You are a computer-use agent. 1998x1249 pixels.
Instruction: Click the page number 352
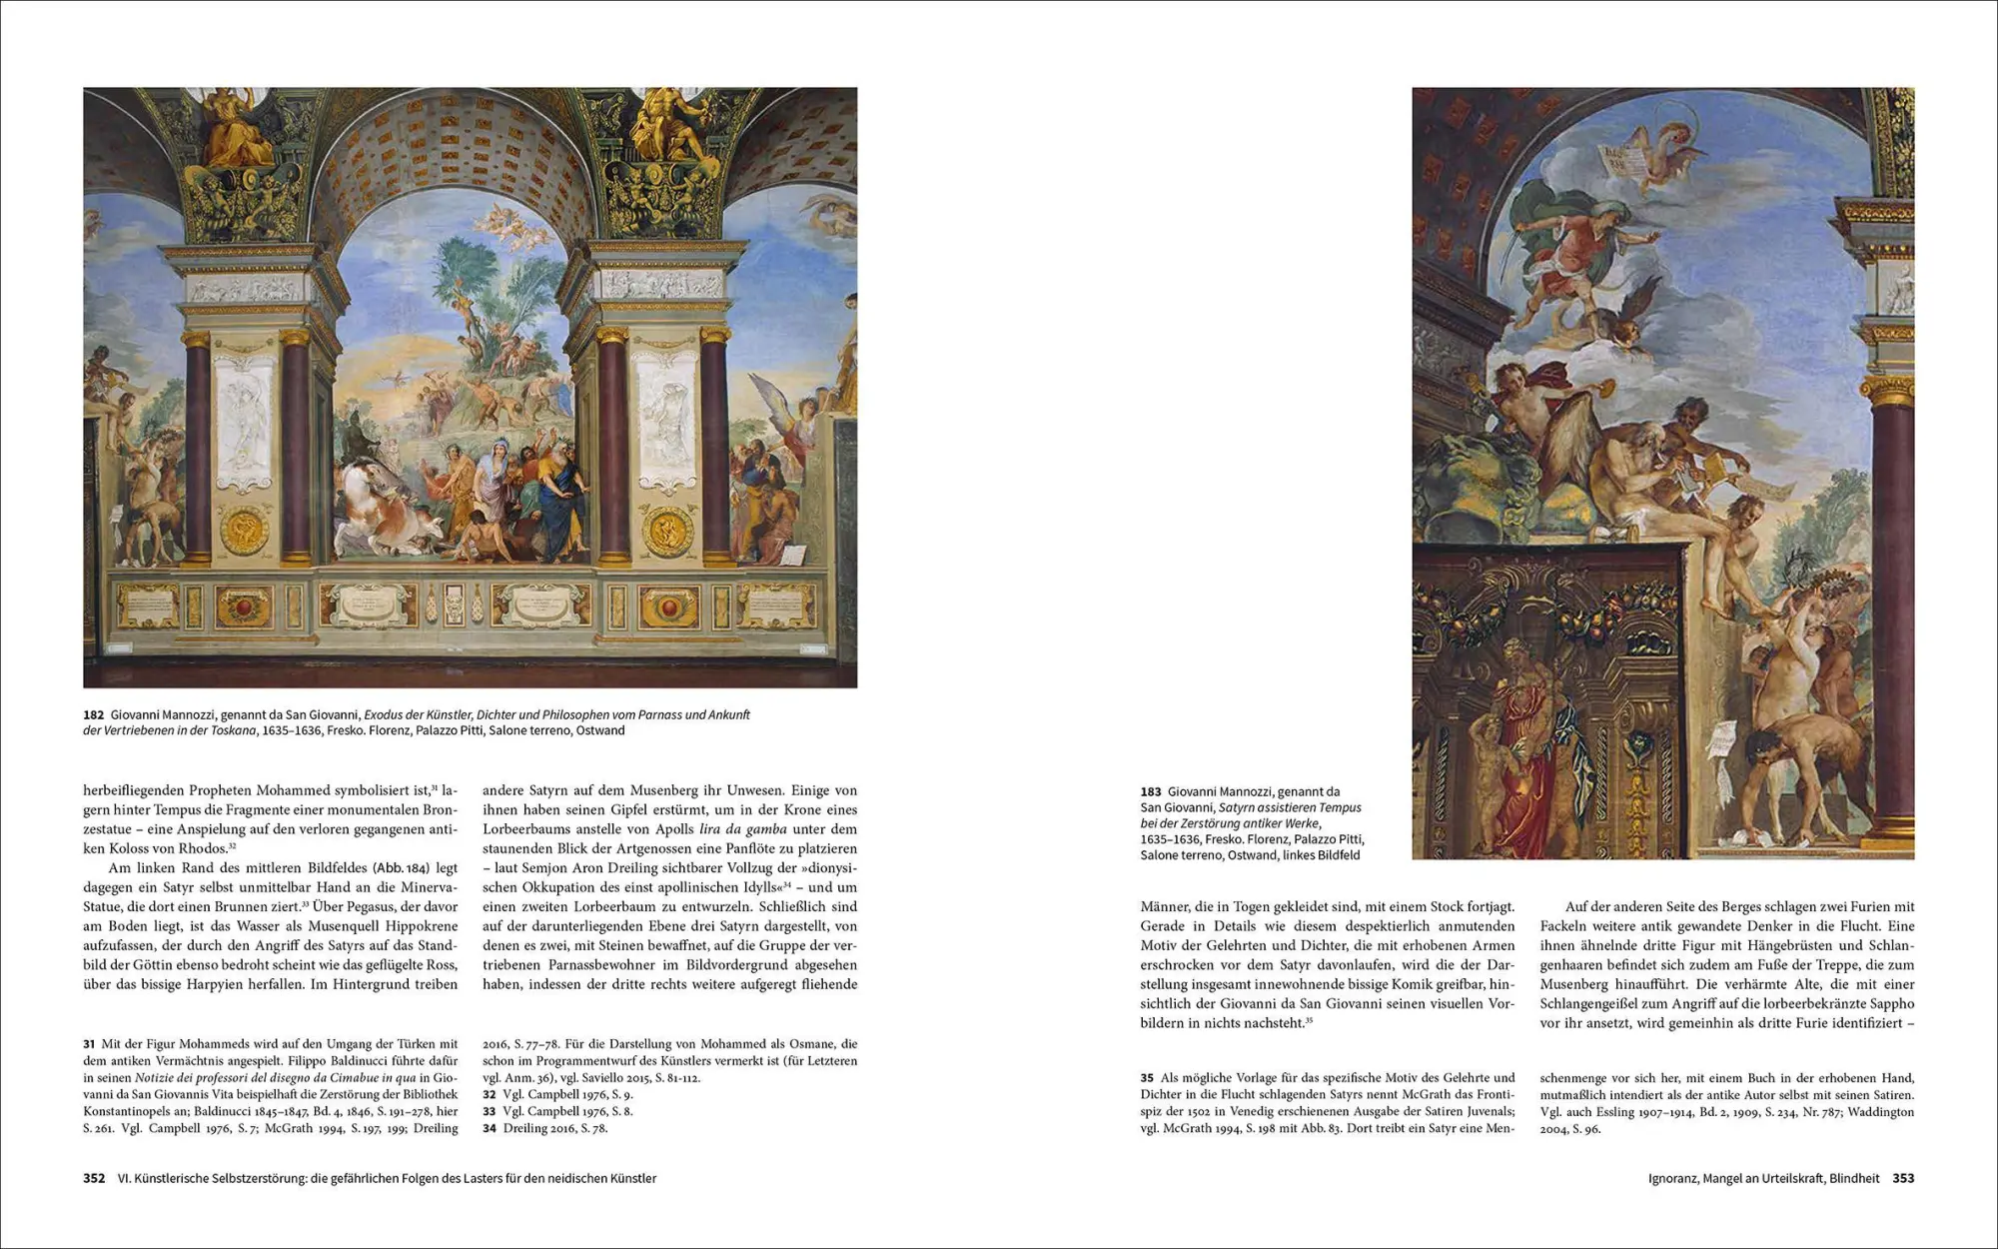point(94,1178)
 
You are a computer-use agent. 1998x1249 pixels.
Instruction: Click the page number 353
point(1903,1178)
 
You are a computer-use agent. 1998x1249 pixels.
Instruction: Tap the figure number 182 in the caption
point(94,714)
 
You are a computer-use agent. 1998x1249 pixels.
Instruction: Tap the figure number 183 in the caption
point(1151,791)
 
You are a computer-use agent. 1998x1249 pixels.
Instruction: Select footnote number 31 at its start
point(89,1044)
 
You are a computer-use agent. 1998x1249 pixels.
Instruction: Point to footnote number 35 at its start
point(1147,1078)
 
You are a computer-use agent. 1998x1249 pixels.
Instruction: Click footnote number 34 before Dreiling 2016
point(490,1128)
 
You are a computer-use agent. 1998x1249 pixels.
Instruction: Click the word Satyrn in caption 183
point(1238,807)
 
